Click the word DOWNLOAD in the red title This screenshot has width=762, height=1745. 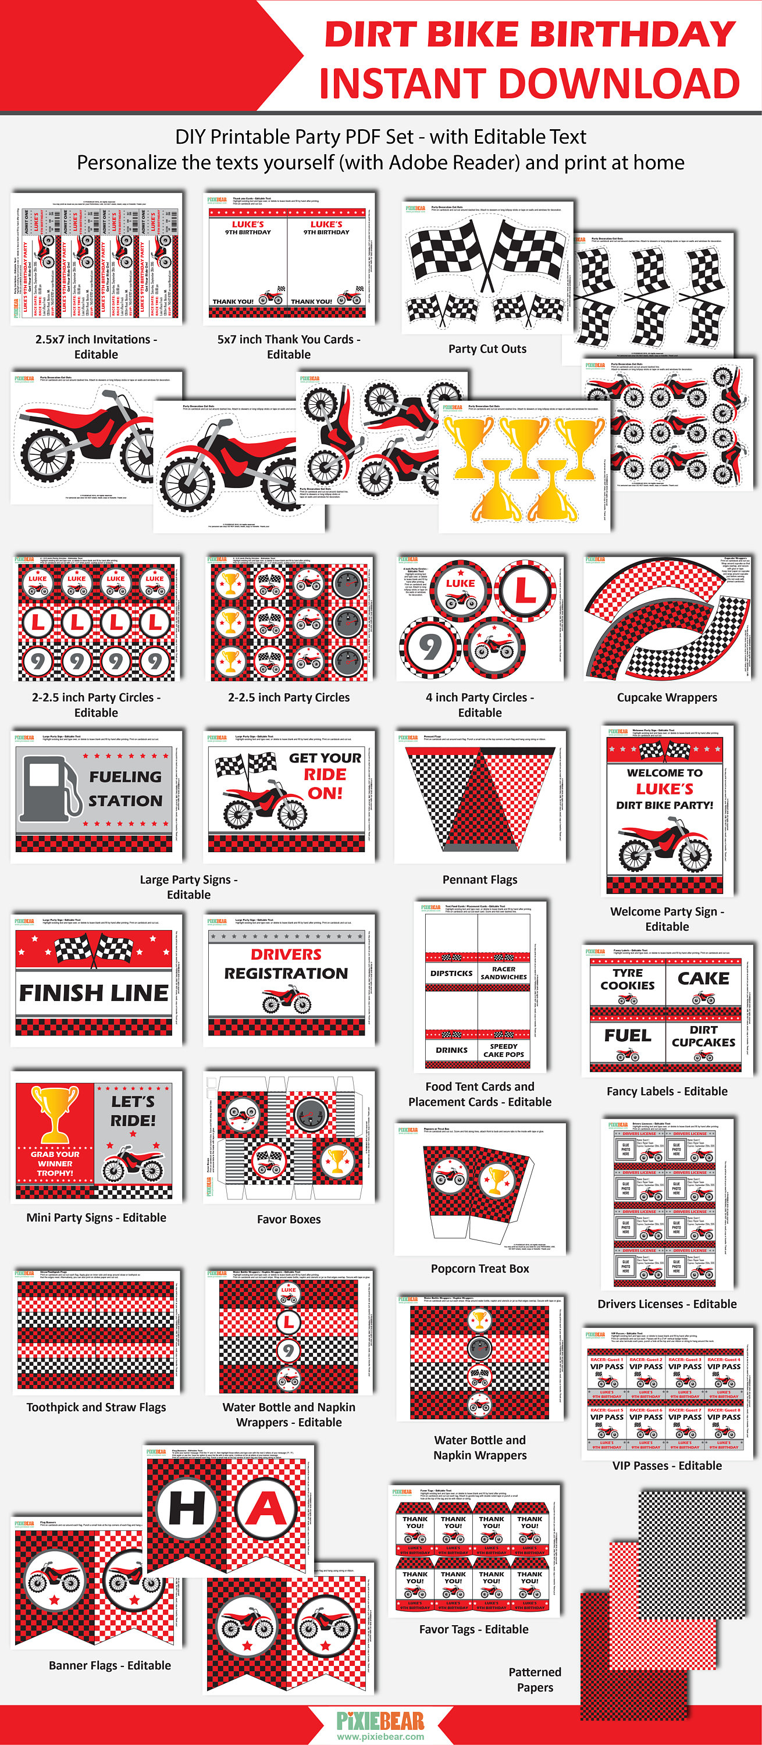click(619, 83)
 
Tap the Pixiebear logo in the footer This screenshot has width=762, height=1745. click(380, 1720)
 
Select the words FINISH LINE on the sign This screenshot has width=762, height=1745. click(94, 993)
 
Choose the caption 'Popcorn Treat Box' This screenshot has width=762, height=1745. click(479, 1268)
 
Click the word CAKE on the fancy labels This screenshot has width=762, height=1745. click(703, 978)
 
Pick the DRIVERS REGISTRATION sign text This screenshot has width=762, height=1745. click(286, 964)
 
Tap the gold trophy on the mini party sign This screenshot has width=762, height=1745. click(54, 1112)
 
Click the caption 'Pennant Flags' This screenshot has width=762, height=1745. click(479, 879)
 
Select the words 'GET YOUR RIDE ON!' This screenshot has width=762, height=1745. click(325, 775)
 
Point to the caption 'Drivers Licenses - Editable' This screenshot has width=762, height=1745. click(667, 1304)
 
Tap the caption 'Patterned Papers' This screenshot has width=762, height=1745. click(535, 1679)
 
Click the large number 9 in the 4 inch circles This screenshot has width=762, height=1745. click(429, 647)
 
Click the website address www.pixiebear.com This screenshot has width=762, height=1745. click(380, 1736)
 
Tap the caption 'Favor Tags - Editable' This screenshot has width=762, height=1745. click(473, 1629)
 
